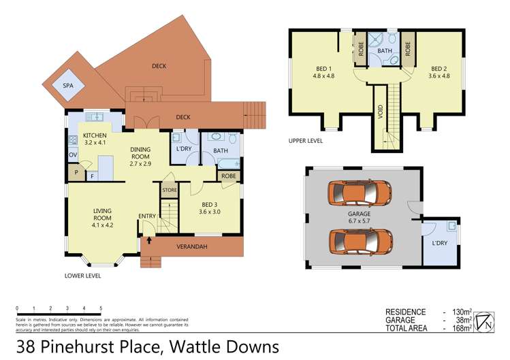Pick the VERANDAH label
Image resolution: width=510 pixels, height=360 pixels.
pos(191,246)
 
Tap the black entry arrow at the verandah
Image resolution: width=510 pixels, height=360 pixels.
pos(148,240)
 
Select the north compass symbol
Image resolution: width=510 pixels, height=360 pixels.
pos(485,320)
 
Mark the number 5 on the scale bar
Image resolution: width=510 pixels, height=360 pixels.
pos(101,308)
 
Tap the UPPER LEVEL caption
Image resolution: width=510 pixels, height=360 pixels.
pos(305,142)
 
